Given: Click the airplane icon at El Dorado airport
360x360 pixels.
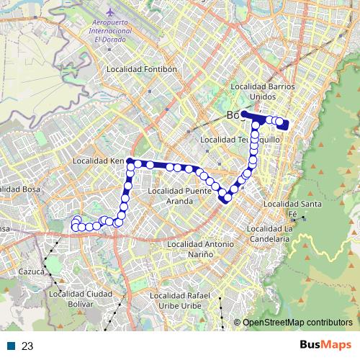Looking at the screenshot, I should point(109,14).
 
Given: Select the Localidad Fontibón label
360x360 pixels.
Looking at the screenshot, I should point(141,69).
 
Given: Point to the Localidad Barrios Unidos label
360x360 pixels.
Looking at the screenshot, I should point(263,91).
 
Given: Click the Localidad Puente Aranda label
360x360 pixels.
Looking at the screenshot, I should point(179,196).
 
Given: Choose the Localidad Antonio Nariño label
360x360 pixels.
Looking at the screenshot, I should point(200,249).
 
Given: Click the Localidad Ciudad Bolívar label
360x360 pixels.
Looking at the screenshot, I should point(81,299).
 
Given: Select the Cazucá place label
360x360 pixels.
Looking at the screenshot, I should point(32,271).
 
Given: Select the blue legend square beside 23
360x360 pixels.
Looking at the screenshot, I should point(12,346).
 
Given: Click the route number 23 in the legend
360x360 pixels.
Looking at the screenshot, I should point(27,346).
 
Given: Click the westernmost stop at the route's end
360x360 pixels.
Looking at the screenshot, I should point(74,228).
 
